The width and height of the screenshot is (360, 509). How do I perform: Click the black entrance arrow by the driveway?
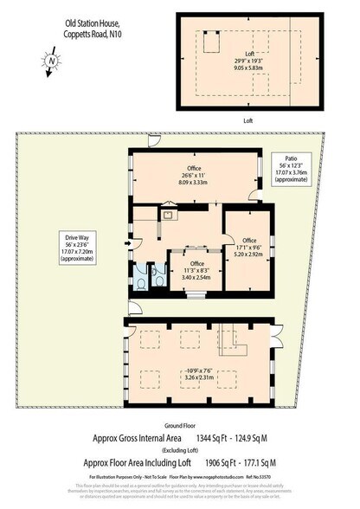coord(127,244)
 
